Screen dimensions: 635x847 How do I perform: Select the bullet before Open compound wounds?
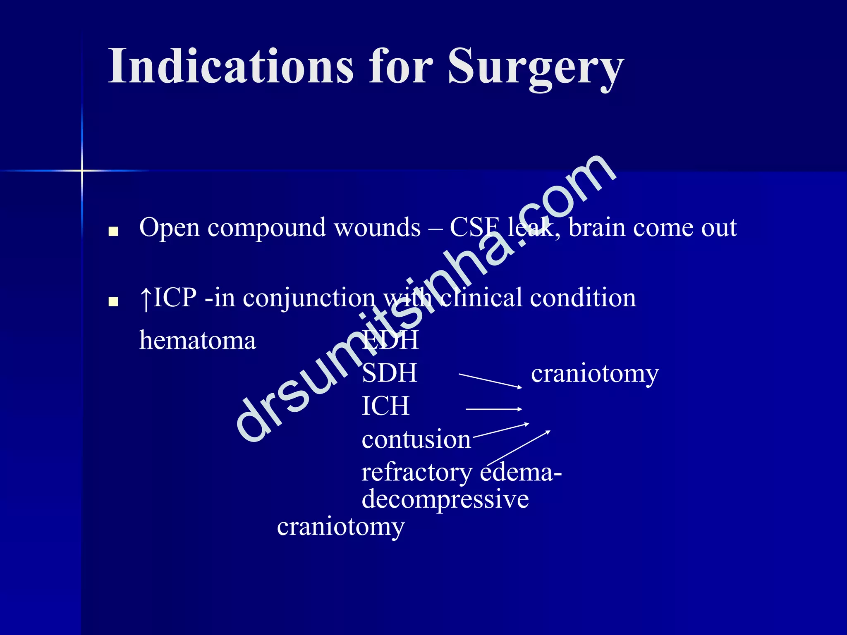(113, 231)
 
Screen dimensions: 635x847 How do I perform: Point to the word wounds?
(377, 228)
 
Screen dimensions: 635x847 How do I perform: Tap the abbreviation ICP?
(175, 298)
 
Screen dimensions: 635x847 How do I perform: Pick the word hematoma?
(198, 341)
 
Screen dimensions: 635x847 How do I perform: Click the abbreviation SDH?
(389, 373)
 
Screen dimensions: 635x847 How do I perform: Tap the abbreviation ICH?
(385, 406)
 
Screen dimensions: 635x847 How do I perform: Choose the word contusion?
(416, 439)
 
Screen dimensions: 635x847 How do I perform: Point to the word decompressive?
(445, 499)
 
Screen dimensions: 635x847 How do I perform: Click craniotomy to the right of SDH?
(595, 375)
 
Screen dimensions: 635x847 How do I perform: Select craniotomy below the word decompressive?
(341, 528)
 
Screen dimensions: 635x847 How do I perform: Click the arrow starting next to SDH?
(490, 381)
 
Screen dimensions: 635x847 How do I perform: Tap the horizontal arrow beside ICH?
(494, 409)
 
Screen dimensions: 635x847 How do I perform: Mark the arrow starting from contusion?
(500, 430)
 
